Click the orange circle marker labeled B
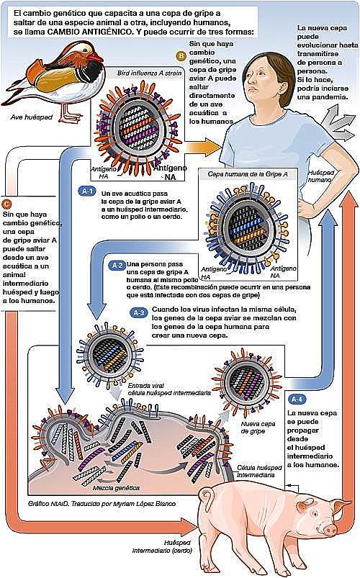[181, 55]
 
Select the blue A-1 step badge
[86, 192]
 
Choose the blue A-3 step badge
[140, 313]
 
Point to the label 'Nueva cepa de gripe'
[253, 430]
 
